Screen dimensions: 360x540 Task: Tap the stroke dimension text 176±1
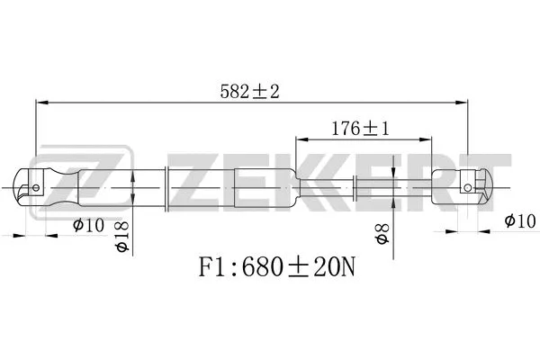click(363, 129)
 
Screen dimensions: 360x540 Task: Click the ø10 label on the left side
click(88, 225)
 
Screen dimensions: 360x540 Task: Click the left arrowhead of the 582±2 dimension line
click(40, 103)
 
